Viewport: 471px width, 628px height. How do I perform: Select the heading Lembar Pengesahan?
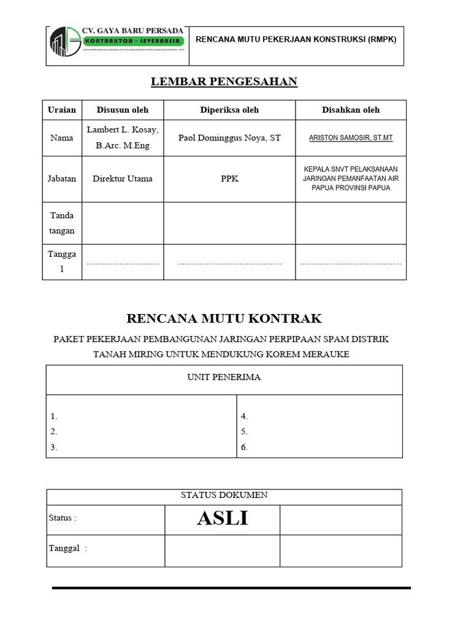pos(224,82)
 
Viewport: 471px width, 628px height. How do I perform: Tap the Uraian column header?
pos(62,110)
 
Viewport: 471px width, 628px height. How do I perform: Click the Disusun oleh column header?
pos(122,110)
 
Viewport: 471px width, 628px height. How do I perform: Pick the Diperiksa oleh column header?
pos(229,110)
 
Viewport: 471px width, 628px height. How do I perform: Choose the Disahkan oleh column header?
pos(351,110)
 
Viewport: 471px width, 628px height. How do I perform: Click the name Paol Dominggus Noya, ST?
pos(229,138)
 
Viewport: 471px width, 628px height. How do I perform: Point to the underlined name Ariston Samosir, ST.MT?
pos(351,138)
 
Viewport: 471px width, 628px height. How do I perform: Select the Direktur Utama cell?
pos(122,179)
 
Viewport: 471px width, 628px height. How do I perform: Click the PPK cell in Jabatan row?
pos(229,179)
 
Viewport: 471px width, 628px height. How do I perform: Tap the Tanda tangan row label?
pos(62,223)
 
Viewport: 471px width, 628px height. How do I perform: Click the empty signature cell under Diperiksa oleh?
pos(229,223)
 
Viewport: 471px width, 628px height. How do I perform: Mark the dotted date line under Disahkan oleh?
pos(351,264)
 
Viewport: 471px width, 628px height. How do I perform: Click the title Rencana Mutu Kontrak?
pos(224,318)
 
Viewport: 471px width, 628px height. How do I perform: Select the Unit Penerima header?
pos(224,377)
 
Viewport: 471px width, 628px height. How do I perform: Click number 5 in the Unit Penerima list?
pos(244,432)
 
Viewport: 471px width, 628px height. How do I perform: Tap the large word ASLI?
pos(222,519)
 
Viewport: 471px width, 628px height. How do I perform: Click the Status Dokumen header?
pos(224,496)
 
